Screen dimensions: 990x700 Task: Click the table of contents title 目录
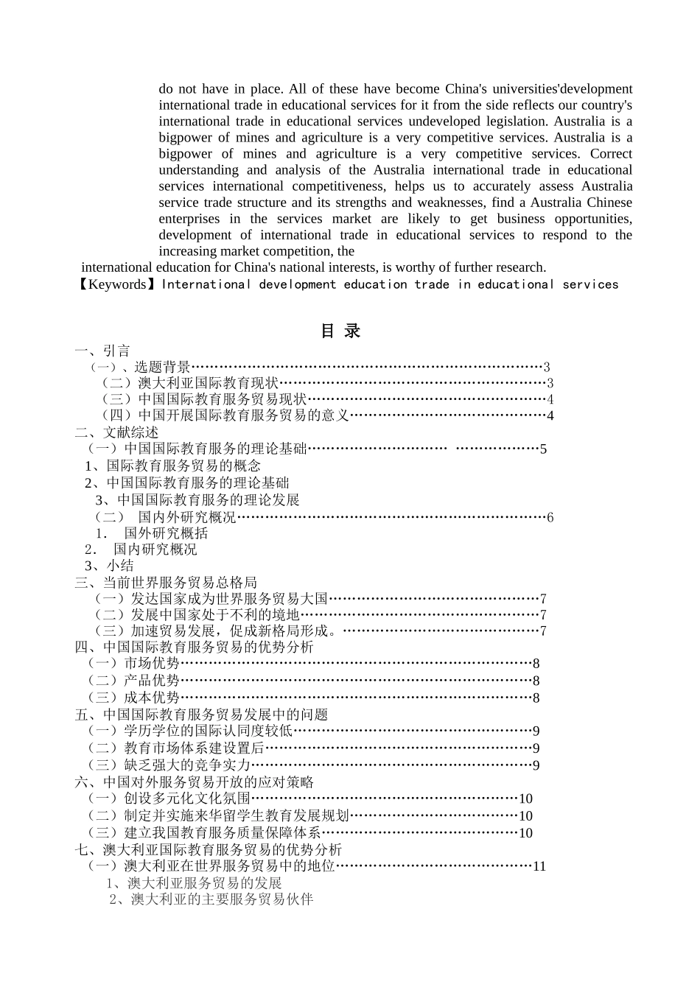coord(340,331)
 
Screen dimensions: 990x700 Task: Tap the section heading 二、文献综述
coord(116,432)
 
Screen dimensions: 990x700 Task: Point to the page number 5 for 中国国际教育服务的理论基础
coord(543,449)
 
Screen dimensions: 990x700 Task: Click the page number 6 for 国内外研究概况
coord(550,518)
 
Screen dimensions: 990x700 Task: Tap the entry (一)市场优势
coord(133,664)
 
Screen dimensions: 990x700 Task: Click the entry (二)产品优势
coord(133,681)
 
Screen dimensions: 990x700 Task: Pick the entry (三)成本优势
coord(133,698)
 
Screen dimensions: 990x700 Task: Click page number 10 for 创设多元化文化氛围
coord(525,799)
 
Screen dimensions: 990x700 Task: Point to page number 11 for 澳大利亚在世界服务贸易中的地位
coord(539,867)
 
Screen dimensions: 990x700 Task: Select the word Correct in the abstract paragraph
coord(611,154)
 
